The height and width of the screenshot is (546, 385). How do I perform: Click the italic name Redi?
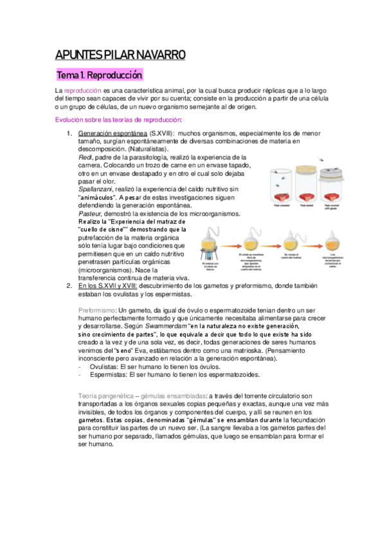point(84,156)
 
